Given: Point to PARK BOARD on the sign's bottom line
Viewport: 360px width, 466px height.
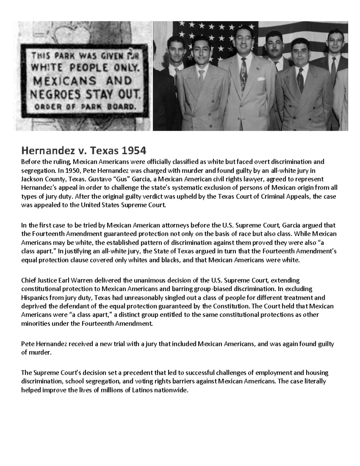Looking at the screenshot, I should point(115,107).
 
